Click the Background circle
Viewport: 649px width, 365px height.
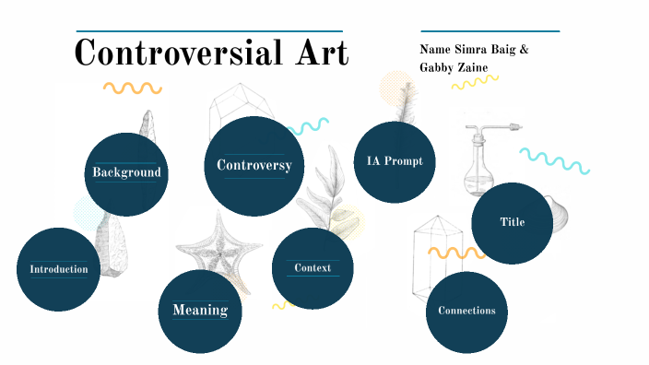tap(127, 173)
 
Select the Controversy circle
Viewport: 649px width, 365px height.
tap(254, 166)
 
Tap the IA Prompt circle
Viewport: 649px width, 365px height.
tap(395, 161)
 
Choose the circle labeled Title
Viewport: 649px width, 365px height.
tap(512, 223)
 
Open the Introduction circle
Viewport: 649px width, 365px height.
tap(59, 269)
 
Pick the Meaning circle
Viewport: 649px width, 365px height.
tap(200, 311)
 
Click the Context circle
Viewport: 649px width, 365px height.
tap(313, 268)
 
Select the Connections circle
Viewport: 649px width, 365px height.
tap(466, 312)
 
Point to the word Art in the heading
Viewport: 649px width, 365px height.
tap(316, 53)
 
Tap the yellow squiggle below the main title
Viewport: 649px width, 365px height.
tap(132, 88)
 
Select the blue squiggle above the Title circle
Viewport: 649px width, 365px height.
tap(553, 160)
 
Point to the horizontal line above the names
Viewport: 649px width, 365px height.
tap(490, 29)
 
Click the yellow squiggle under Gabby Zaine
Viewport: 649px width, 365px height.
tap(469, 83)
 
